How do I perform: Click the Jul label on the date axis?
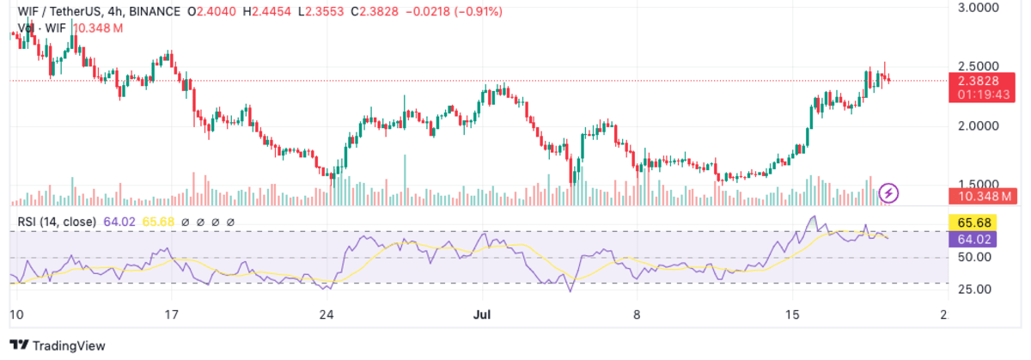pos(481,315)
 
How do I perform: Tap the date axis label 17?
pos(172,315)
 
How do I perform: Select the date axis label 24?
pos(326,315)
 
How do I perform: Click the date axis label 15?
pos(791,315)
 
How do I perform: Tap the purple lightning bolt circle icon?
pos(890,192)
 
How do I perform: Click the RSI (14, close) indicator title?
pos(57,222)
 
